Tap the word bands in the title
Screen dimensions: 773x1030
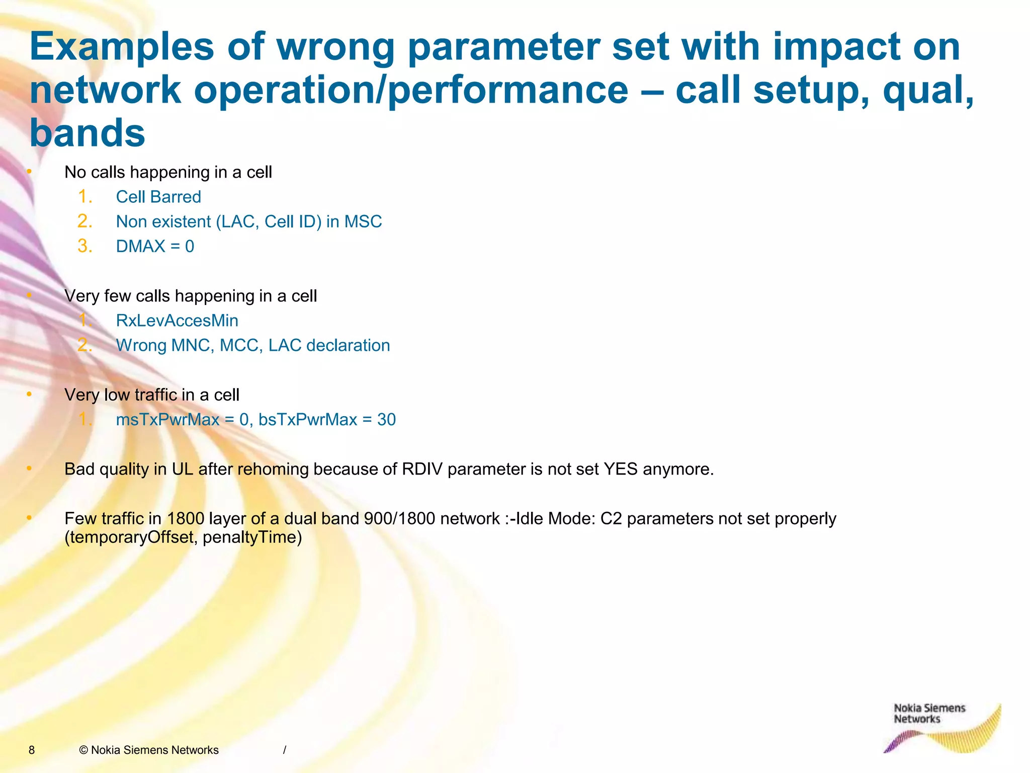(88, 133)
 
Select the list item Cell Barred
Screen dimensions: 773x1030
(158, 197)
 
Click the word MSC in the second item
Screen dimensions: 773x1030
(363, 221)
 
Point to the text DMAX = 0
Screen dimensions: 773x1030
(155, 246)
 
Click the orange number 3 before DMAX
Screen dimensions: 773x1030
(84, 246)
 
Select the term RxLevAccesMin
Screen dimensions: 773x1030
(177, 321)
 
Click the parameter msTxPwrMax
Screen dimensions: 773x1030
(167, 420)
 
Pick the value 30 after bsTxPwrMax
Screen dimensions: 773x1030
(386, 420)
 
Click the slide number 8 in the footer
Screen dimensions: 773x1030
(32, 750)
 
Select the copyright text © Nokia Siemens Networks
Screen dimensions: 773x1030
(149, 750)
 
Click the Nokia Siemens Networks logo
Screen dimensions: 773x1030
(940, 727)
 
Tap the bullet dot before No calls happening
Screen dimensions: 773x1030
(29, 172)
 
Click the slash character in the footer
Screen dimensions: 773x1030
(285, 750)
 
